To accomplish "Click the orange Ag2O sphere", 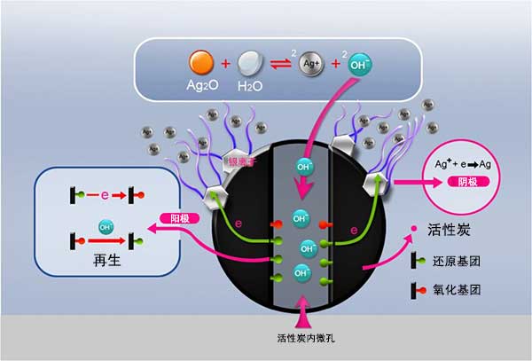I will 201,62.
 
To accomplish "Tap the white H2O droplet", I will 251,62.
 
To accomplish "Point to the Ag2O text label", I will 202,89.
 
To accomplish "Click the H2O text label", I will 251,89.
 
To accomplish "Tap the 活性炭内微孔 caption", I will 304,338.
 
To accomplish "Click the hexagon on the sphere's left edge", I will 215,198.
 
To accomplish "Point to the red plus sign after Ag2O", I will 226,63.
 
